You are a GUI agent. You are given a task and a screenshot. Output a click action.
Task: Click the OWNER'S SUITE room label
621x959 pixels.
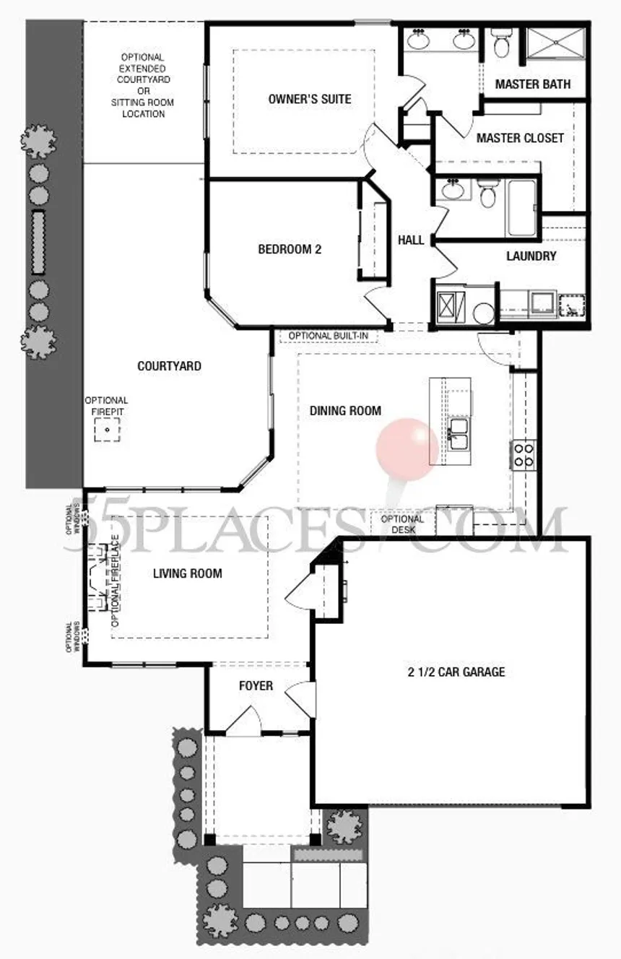(x=310, y=99)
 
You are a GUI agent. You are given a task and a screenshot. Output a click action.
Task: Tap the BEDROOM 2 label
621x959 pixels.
(x=290, y=250)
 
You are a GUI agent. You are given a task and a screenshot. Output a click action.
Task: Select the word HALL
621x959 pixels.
(x=411, y=240)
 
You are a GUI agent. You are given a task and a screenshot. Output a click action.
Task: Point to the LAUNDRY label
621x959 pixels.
(x=531, y=256)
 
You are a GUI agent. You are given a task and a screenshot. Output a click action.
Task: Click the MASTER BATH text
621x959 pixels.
(x=533, y=84)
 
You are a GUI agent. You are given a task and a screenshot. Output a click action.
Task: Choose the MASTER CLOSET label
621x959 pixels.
(x=520, y=137)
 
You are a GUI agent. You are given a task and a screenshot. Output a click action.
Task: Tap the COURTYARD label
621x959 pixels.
(x=169, y=366)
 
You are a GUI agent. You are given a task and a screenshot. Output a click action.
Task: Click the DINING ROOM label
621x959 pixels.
(x=345, y=411)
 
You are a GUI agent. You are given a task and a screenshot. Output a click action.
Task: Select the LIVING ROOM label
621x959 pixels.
(x=187, y=574)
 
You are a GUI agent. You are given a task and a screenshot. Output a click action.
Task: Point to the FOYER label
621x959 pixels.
(x=256, y=685)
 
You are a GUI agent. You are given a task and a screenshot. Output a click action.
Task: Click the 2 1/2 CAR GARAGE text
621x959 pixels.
(x=455, y=672)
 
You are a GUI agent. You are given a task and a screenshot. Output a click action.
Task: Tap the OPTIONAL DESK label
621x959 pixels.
(x=402, y=524)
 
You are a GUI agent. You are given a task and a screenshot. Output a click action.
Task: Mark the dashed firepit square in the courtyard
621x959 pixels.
(x=107, y=430)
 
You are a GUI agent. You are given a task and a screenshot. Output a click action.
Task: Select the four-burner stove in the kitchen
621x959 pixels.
(x=523, y=454)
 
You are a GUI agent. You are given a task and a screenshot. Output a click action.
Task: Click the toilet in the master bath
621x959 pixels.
(x=500, y=43)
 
